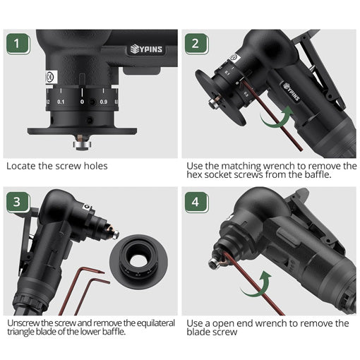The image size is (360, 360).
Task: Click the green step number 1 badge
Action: (x=18, y=44)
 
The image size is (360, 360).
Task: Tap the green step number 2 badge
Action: (x=196, y=44)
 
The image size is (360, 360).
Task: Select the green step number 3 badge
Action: (x=18, y=203)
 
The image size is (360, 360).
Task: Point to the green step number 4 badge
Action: (x=196, y=203)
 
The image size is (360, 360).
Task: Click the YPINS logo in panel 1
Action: (x=146, y=49)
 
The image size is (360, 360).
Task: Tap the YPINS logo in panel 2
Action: (x=292, y=92)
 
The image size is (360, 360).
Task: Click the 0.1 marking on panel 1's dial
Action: (x=61, y=102)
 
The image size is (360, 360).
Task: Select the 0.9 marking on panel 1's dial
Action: (x=104, y=102)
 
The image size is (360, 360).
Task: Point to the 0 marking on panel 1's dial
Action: (x=82, y=102)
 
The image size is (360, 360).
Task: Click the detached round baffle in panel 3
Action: (x=138, y=260)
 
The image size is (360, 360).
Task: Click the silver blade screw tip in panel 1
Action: (x=82, y=145)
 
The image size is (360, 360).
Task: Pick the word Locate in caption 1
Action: (x=21, y=166)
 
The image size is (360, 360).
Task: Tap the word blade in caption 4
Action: (x=198, y=332)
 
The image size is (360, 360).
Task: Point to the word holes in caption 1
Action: (x=95, y=166)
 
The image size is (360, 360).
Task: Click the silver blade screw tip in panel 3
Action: (x=116, y=235)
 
